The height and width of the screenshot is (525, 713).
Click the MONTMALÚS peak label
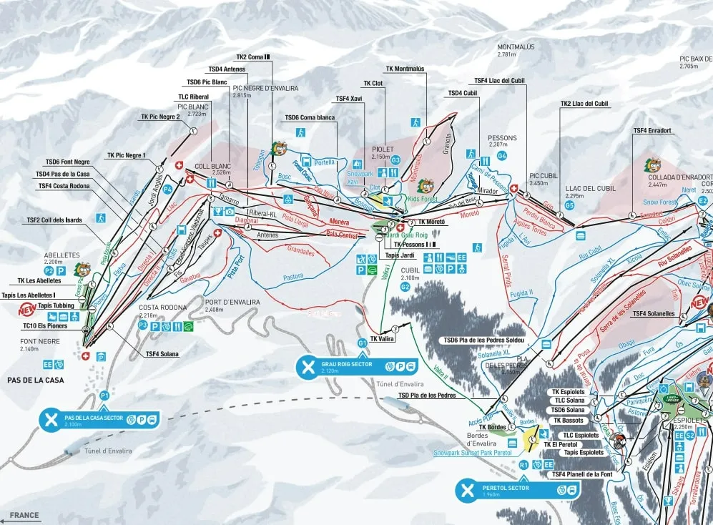click(x=516, y=47)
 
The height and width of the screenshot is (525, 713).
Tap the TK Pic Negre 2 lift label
click(x=160, y=117)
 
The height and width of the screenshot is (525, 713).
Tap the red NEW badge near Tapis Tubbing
click(x=26, y=310)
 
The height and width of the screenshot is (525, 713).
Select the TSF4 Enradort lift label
click(x=651, y=131)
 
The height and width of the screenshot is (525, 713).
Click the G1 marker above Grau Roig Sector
click(x=363, y=344)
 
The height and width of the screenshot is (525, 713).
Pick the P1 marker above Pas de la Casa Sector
click(x=104, y=395)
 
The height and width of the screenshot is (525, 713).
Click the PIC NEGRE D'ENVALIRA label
click(x=265, y=88)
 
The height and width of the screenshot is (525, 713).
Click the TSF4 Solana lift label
click(x=162, y=353)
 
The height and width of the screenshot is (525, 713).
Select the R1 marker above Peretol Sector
click(x=524, y=465)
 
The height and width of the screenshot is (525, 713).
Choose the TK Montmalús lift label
click(x=405, y=69)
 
